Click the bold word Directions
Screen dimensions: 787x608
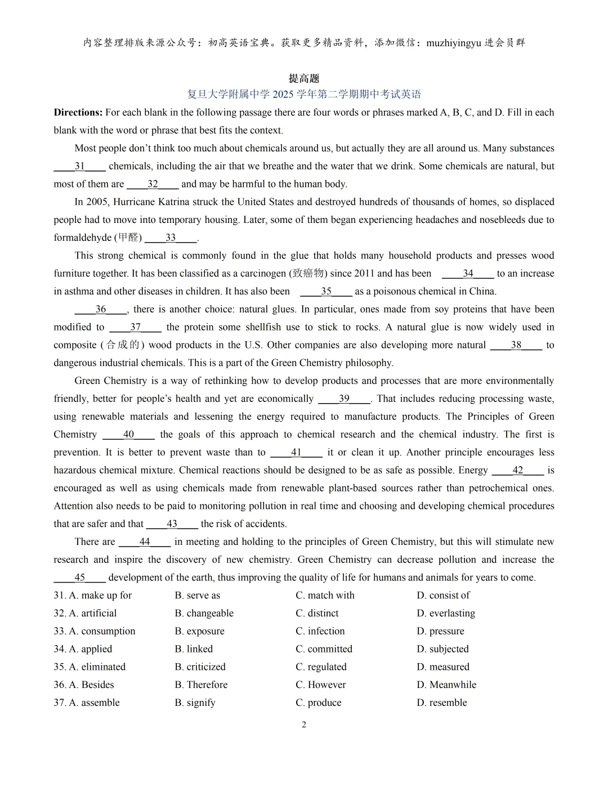click(x=78, y=113)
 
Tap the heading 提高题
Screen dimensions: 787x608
click(x=304, y=79)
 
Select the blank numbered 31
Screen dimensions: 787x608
click(x=79, y=166)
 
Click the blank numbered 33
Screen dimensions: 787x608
click(x=171, y=238)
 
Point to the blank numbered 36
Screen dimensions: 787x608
click(x=101, y=309)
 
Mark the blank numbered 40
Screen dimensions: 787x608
click(x=128, y=434)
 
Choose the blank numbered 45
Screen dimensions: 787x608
click(x=79, y=577)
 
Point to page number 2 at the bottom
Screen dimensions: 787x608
click(x=304, y=725)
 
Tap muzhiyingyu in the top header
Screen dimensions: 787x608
click(x=454, y=43)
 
